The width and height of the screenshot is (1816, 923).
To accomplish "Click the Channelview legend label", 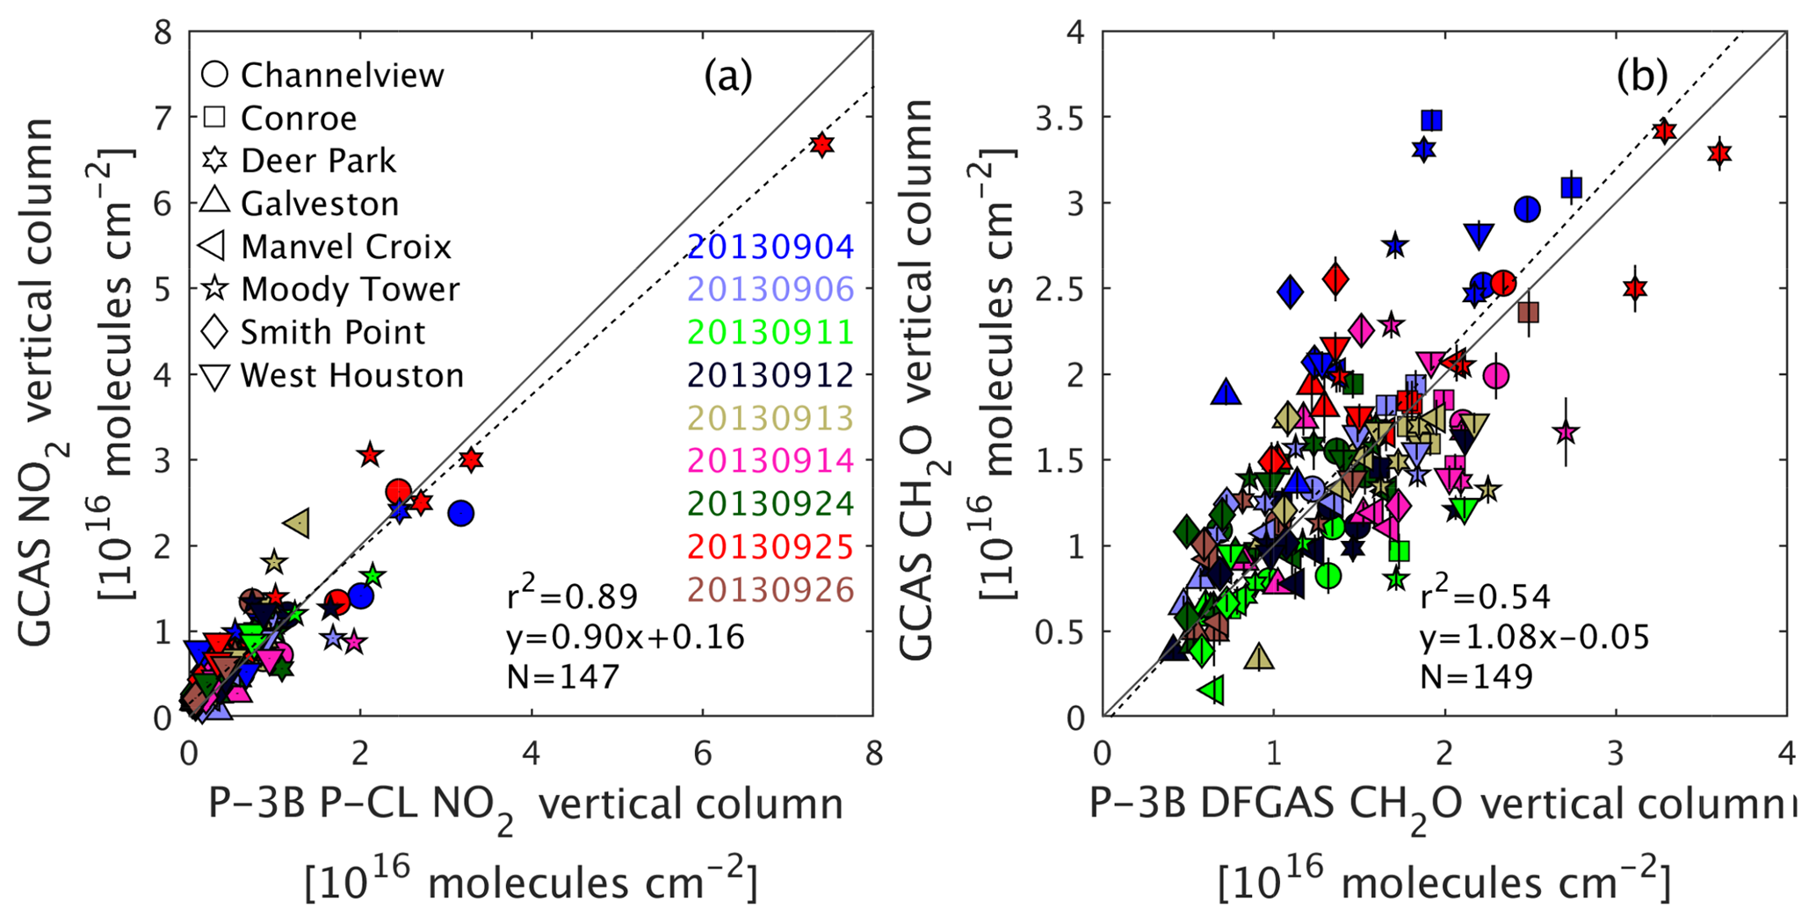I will click(x=342, y=76).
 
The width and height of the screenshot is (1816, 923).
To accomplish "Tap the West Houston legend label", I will click(x=351, y=376).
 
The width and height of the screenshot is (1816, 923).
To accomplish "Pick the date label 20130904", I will click(x=771, y=247).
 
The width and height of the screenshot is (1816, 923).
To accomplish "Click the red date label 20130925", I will click(x=771, y=547).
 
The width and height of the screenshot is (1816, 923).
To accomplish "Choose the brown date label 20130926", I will click(x=771, y=590).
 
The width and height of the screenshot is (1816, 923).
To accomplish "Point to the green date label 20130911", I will click(x=771, y=332).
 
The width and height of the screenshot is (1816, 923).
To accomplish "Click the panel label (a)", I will click(x=727, y=77).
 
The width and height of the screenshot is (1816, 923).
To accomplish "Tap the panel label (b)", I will click(x=1641, y=77).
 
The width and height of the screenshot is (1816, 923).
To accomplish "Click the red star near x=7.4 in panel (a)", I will click(x=821, y=145).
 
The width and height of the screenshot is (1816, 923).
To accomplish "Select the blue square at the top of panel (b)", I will click(x=1432, y=120).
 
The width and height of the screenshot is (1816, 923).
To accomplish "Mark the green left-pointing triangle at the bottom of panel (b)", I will click(x=1212, y=690).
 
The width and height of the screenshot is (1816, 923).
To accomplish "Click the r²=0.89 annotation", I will click(x=572, y=596).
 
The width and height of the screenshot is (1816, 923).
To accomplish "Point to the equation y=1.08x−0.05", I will click(x=1534, y=637).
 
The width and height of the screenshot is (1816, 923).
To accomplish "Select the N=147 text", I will click(x=563, y=676).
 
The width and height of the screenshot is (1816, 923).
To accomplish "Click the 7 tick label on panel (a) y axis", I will click(x=163, y=118).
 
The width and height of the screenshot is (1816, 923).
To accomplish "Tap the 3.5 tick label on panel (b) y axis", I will click(x=1060, y=118).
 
